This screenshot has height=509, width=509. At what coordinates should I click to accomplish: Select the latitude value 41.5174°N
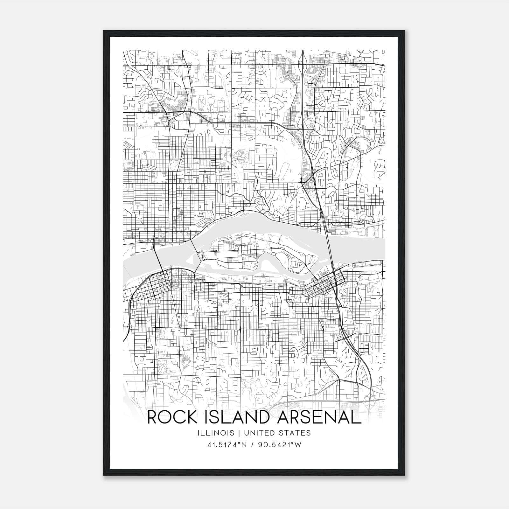pos(227,445)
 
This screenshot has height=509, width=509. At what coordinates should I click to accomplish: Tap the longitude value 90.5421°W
pos(279,445)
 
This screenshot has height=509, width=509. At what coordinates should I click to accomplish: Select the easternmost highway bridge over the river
pos(329,248)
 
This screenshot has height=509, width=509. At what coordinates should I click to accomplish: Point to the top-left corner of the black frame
pos(104,31)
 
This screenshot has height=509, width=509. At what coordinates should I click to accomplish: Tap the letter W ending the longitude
pos(298,445)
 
